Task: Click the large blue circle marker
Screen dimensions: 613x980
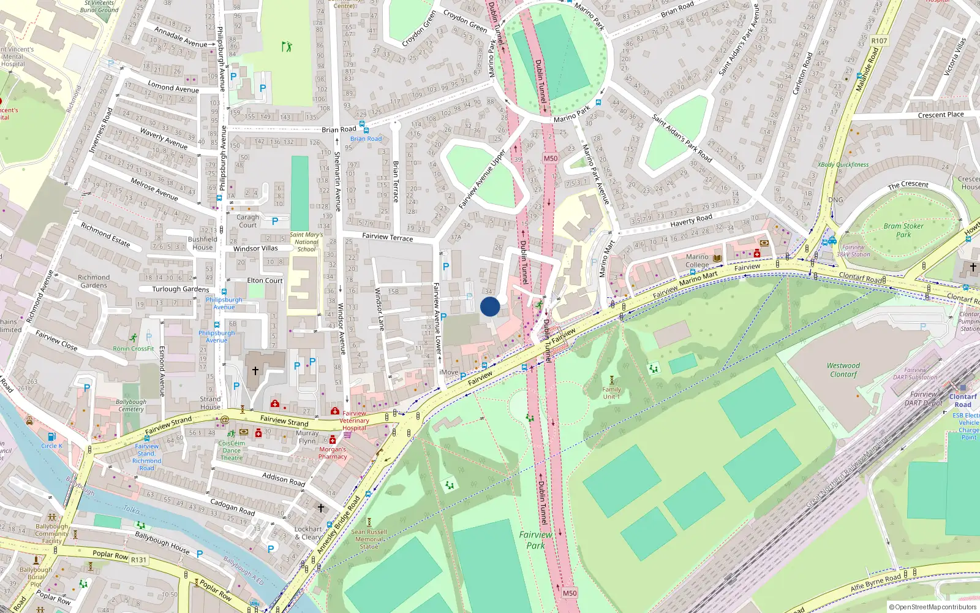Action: coord(490,306)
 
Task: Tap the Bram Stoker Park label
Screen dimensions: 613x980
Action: coord(903,230)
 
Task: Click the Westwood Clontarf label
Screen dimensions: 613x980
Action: coord(843,370)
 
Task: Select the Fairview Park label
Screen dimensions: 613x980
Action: coord(535,539)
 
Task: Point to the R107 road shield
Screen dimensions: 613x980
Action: coord(879,40)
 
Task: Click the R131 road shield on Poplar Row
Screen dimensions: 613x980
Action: coord(139,560)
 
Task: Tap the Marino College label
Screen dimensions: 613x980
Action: coord(697,261)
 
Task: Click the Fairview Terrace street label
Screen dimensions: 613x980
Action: coord(388,237)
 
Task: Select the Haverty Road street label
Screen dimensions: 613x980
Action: coord(691,220)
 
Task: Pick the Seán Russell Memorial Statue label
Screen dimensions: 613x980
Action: coord(369,539)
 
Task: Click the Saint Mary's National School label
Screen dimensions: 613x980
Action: coord(306,242)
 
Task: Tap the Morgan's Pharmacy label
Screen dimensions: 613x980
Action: coord(333,452)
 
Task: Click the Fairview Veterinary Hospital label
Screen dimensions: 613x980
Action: coord(354,421)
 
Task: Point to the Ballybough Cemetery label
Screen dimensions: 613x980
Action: coord(131,405)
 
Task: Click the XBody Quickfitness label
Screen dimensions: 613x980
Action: coord(843,164)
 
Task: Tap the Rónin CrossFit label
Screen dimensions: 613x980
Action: coord(134,348)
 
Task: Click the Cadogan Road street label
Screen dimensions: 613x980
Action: coord(232,506)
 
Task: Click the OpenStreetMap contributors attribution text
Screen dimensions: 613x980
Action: coord(932,607)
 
